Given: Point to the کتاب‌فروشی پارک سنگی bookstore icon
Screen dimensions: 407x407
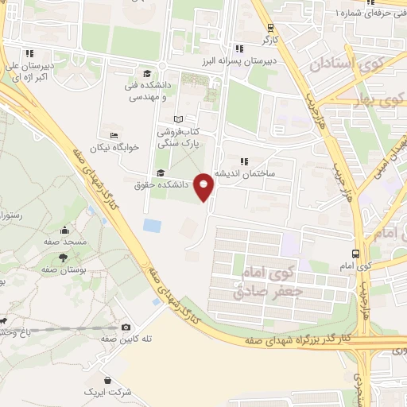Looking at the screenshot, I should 177,118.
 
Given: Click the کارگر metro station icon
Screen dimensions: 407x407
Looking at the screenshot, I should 269,27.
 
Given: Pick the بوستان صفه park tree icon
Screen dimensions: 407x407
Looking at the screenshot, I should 63,258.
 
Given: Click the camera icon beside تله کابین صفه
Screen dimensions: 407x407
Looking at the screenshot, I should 126,327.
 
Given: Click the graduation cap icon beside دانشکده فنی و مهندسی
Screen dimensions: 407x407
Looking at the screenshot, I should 146,73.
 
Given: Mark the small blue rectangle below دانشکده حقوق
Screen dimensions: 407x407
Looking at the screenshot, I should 152,225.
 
